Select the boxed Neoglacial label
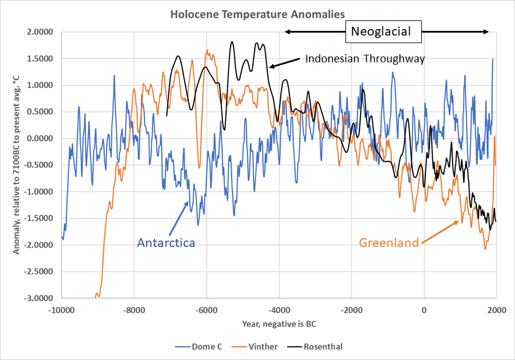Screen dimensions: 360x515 pos(385,31)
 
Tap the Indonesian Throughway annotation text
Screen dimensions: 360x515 pos(365,59)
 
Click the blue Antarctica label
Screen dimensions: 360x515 pos(166,242)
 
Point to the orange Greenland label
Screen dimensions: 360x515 pos(389,243)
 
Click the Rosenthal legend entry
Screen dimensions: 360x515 pos(324,347)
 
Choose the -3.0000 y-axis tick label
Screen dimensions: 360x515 pos(41,298)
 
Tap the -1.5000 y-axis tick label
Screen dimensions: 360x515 pos(41,218)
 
